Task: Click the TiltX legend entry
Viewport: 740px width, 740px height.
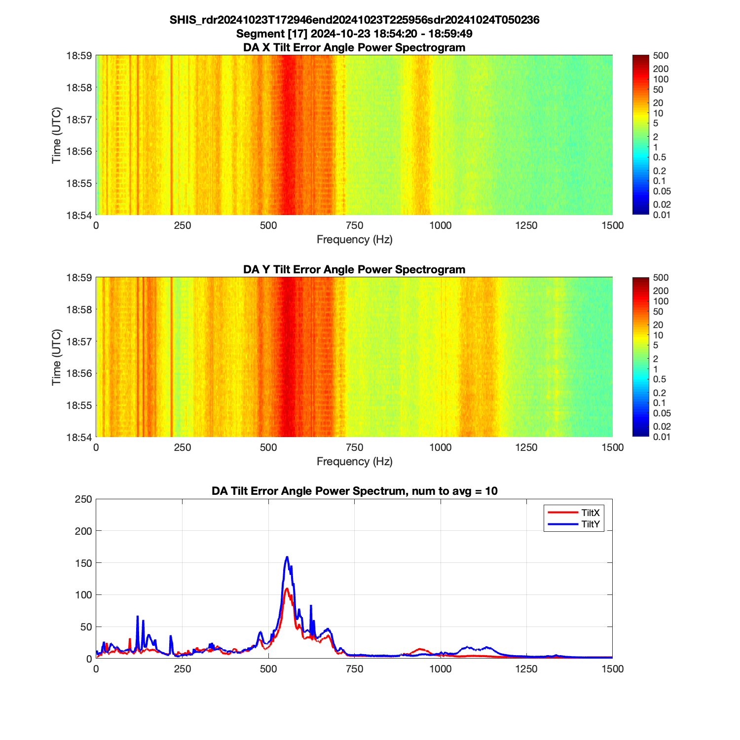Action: tap(590, 513)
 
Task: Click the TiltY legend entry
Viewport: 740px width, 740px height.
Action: tap(590, 524)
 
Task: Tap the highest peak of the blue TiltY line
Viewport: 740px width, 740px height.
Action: tap(287, 557)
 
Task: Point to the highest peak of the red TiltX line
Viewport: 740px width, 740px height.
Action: tap(287, 588)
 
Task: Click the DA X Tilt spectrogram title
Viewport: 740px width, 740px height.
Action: tap(354, 47)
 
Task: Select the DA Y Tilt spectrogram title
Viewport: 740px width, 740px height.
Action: tap(354, 269)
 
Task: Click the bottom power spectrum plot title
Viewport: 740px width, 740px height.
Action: tap(354, 491)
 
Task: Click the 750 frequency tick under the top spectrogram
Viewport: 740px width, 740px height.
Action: tap(354, 225)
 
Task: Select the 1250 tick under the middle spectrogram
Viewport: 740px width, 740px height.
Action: tap(526, 447)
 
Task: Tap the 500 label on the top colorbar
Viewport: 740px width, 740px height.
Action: tap(661, 56)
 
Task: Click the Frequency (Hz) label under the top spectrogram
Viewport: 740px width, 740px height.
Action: tap(354, 240)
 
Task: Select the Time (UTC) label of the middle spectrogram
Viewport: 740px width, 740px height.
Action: tap(57, 357)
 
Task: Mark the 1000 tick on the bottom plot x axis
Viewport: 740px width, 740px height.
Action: tap(440, 669)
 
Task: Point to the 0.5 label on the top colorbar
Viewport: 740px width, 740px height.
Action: tap(660, 157)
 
